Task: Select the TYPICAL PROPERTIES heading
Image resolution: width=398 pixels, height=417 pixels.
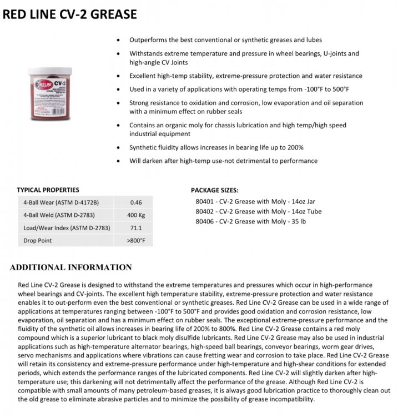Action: point(48,190)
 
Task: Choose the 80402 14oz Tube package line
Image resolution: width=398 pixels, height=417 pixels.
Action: point(258,211)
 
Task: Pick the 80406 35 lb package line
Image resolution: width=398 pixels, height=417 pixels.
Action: point(250,221)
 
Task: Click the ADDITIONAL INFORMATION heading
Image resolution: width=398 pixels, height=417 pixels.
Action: point(70,267)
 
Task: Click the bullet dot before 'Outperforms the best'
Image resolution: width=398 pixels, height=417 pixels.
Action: point(118,41)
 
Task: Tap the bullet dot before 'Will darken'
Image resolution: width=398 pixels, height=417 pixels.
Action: point(118,161)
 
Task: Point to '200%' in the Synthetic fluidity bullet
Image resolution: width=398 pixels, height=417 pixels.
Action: point(294,147)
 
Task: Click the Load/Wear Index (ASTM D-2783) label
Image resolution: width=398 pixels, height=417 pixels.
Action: point(67,228)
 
